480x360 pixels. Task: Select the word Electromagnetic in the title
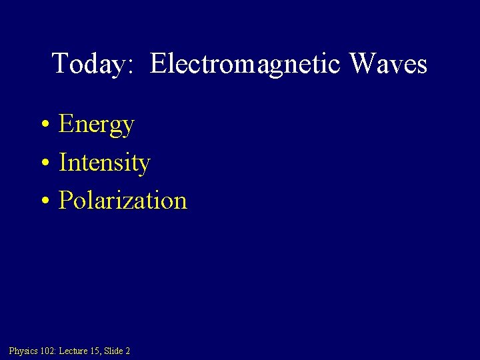(x=245, y=65)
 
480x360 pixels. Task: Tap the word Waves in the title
(x=388, y=64)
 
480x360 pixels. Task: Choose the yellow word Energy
(x=97, y=125)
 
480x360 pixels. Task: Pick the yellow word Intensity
(x=105, y=163)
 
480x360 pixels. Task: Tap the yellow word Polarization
(x=123, y=200)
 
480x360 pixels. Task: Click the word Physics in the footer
(x=23, y=351)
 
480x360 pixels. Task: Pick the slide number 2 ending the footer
(x=127, y=351)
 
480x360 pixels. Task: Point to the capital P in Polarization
(x=65, y=200)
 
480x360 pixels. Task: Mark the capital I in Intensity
(x=63, y=162)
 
